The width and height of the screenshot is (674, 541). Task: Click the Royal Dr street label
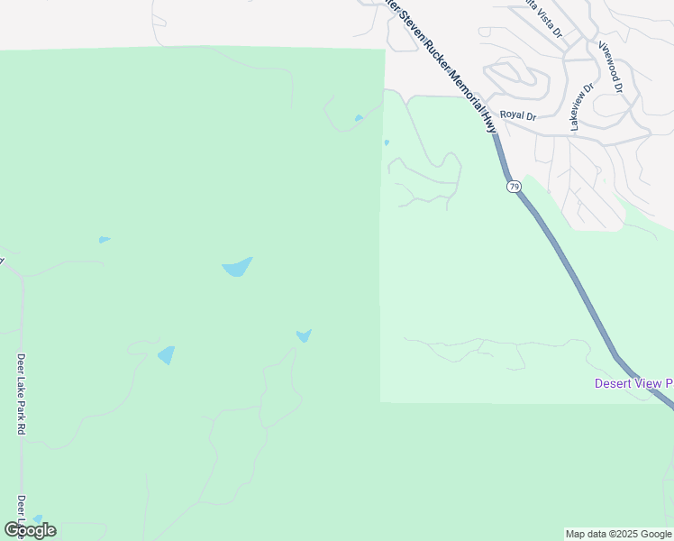point(518,115)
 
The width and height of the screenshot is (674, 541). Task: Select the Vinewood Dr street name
point(610,67)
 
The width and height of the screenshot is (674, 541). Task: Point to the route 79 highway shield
point(514,187)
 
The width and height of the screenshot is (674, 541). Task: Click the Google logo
point(30,529)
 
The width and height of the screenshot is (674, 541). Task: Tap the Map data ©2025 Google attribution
point(619,534)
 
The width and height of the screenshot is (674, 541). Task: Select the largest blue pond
point(237,267)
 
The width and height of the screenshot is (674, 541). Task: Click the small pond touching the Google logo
point(38,519)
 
